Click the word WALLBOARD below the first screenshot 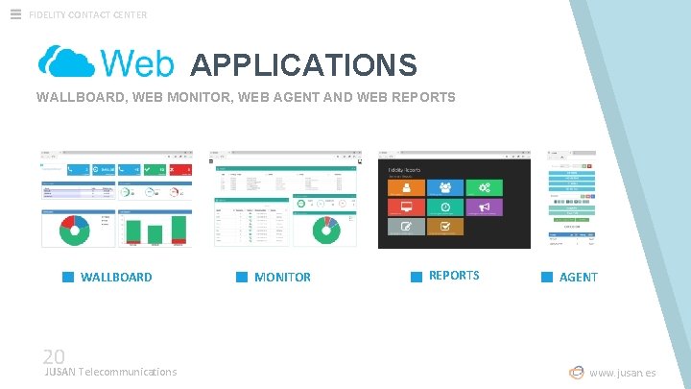point(116,277)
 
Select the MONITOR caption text point(282,277)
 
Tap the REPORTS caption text point(454,275)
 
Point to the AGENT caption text point(578,277)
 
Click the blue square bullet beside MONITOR point(242,277)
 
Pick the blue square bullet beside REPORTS point(417,277)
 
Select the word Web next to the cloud point(137,63)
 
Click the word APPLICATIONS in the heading point(303,64)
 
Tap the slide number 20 point(53,355)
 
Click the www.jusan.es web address point(623,373)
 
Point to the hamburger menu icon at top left point(15,13)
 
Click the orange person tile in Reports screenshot point(406,187)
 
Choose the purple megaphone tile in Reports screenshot point(484,207)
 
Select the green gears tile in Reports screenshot point(484,187)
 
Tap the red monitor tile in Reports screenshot point(406,207)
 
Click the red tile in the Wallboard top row point(182,170)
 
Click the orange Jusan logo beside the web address point(576,373)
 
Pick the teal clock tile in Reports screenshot point(444,207)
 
